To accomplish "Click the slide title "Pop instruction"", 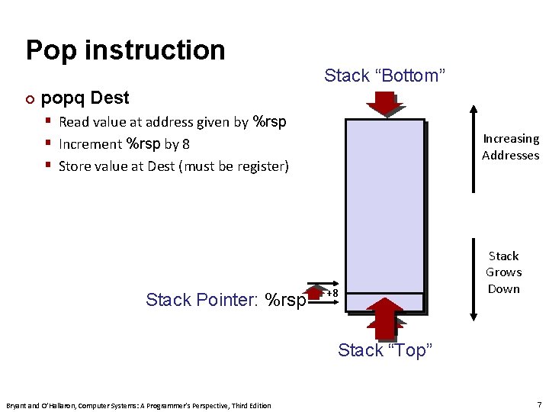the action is point(125,50).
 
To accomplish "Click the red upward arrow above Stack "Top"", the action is point(384,320).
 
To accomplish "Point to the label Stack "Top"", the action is point(385,350).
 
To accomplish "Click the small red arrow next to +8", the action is point(315,291).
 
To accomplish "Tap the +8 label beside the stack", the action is point(332,293).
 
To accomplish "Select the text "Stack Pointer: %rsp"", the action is point(226,300).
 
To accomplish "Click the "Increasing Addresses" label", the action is point(510,147).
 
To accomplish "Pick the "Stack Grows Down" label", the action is point(503,272).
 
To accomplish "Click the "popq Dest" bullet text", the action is point(85,98).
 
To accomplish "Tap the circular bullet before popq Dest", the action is point(30,99).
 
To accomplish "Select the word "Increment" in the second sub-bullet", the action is point(90,143).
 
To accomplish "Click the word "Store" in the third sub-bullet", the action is point(75,166).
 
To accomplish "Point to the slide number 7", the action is point(539,404).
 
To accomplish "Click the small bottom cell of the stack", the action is point(384,302).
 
